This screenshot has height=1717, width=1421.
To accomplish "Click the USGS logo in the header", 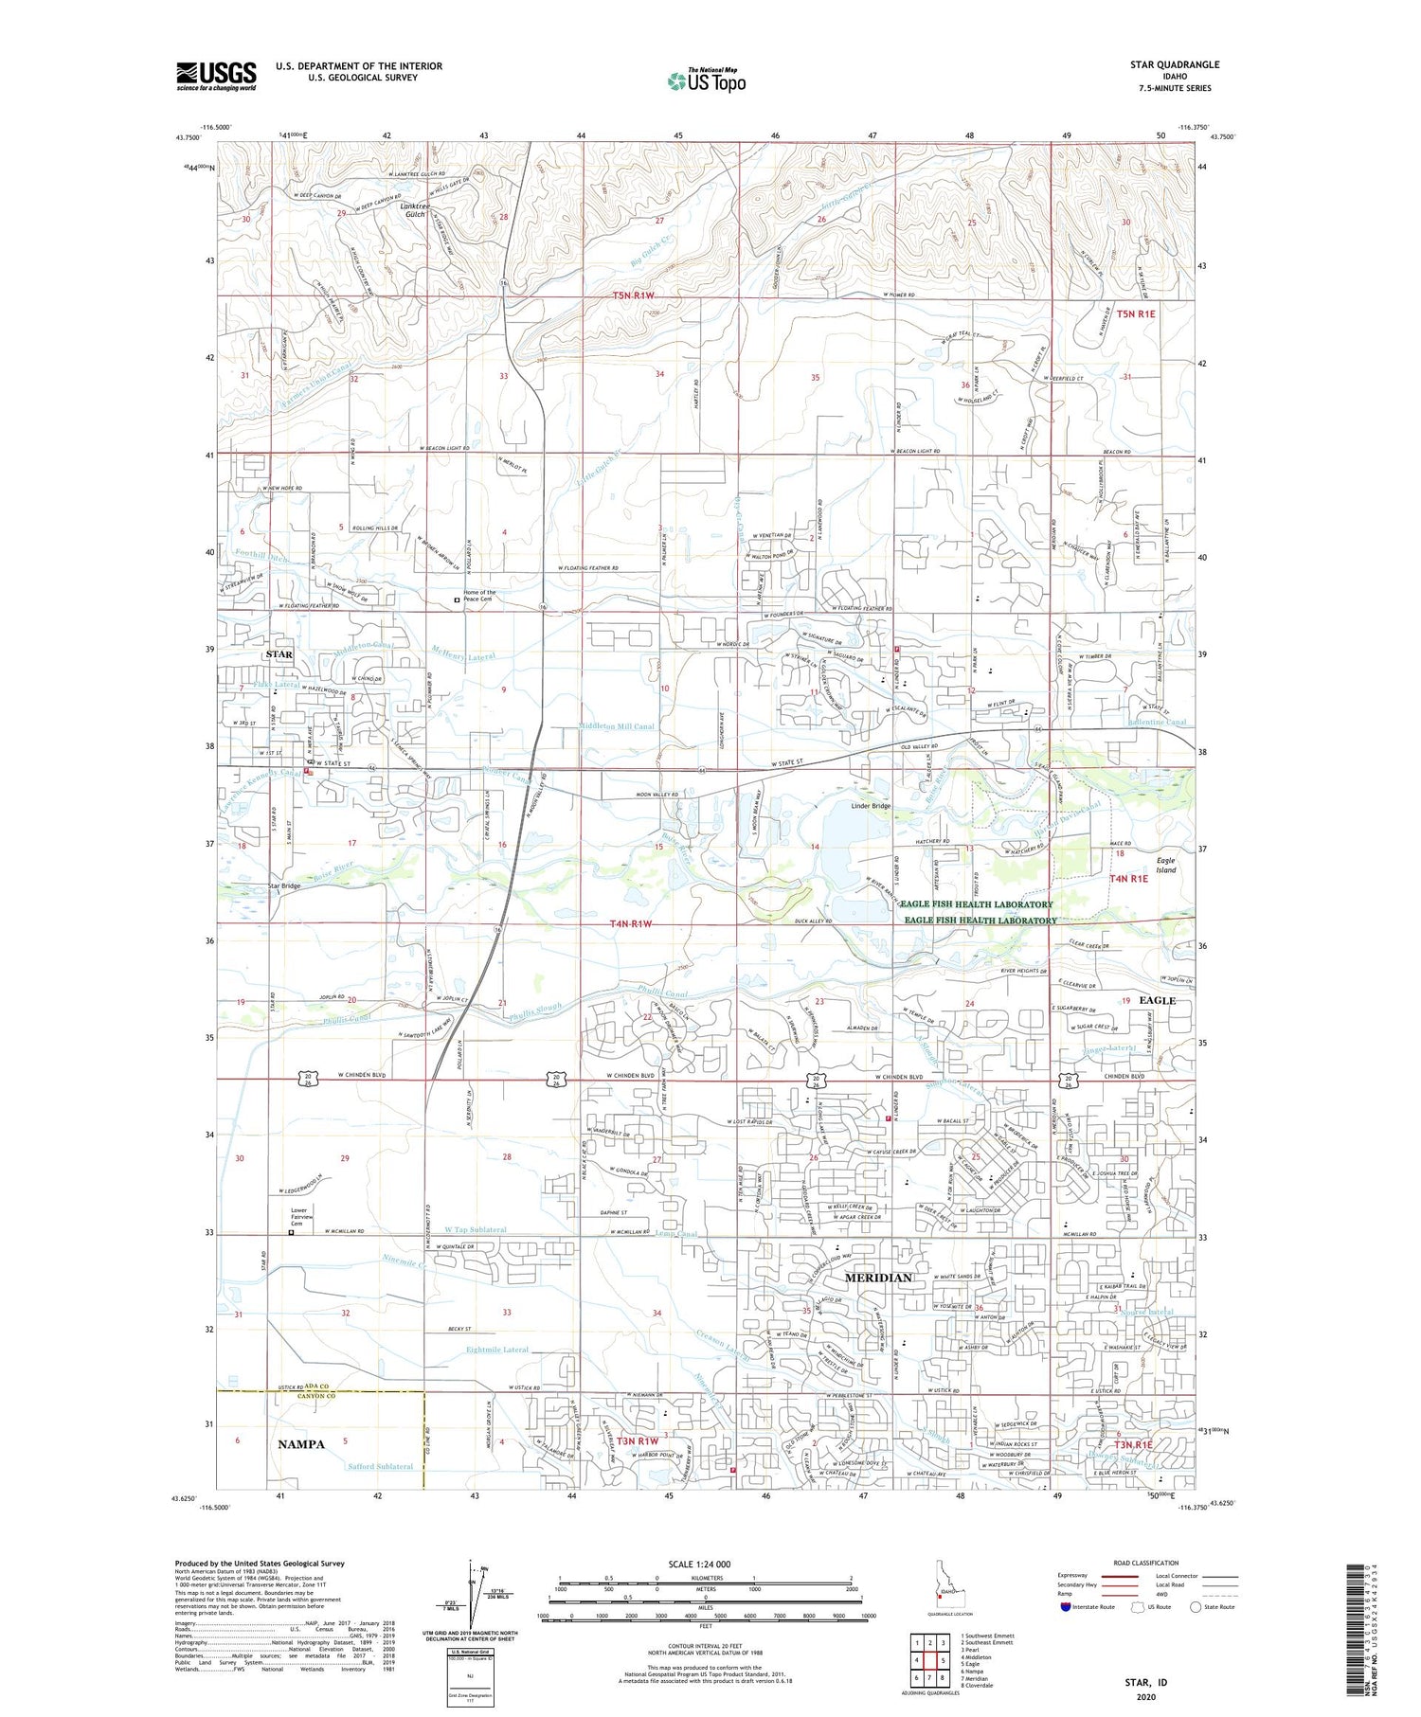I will (x=216, y=75).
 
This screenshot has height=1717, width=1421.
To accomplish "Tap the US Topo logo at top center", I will (x=706, y=80).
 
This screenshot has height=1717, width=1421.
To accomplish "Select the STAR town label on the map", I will (x=279, y=653).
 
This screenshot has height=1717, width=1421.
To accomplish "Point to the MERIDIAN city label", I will (x=877, y=1277).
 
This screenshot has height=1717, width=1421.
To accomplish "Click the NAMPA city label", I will (x=300, y=1444).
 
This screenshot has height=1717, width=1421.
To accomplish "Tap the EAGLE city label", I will (x=1157, y=1000).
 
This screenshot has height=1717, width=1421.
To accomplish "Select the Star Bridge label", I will (x=283, y=886).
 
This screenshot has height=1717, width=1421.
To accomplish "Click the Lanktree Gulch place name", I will (x=414, y=209).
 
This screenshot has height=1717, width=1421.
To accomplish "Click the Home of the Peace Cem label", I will (x=478, y=596).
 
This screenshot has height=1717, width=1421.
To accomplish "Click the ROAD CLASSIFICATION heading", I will (x=1146, y=1563).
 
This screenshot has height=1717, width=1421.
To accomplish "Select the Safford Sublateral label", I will (x=380, y=1466).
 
